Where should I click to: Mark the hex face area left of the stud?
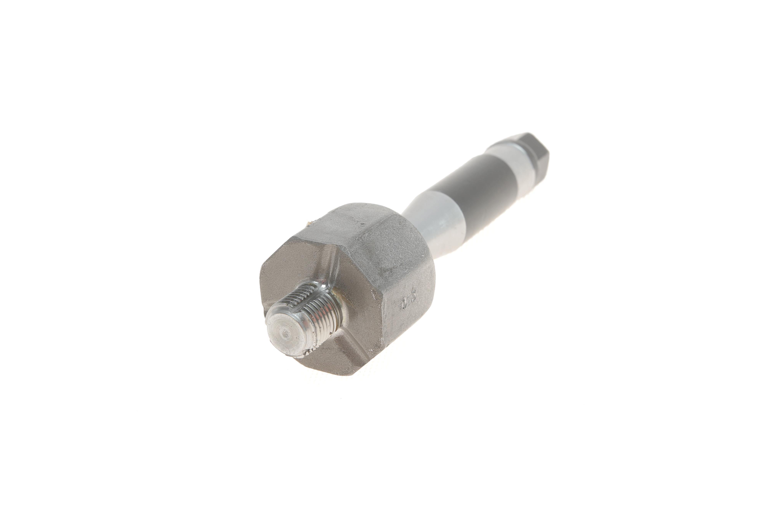point(277,280)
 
